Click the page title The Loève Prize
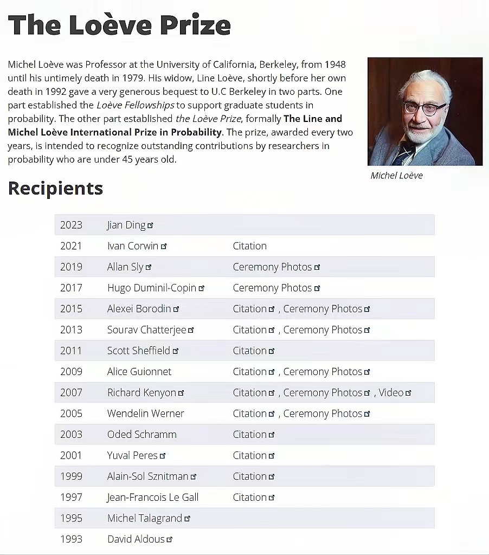[x=119, y=25]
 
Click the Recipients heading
[x=55, y=189]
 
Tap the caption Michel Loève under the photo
[x=396, y=176]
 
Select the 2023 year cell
[x=71, y=225]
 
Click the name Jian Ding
[x=126, y=225]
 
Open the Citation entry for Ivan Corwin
[x=249, y=246]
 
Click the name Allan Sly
[x=125, y=267]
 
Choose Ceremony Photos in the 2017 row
[x=272, y=288]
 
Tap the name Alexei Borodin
[x=139, y=309]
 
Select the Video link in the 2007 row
[x=391, y=392]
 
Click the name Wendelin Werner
[x=145, y=414]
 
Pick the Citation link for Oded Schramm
[x=249, y=435]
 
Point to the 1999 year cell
[x=71, y=476]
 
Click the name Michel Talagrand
[x=144, y=518]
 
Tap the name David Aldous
[x=136, y=539]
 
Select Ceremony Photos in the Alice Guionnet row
[x=323, y=372]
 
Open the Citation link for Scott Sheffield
[x=249, y=351]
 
